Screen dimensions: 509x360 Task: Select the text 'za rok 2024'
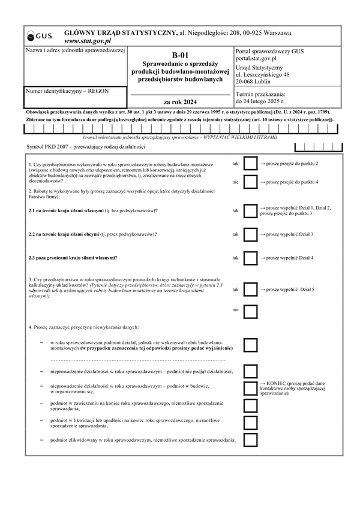point(180,102)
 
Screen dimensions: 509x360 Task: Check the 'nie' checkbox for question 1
point(250,182)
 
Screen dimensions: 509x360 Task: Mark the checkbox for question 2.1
point(250,210)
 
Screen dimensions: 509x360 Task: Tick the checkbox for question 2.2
point(250,234)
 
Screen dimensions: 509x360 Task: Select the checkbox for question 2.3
point(250,258)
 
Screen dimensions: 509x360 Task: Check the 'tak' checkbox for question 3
point(250,290)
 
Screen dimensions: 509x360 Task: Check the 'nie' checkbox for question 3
point(250,311)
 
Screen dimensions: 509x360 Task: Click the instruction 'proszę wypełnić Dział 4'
point(289,258)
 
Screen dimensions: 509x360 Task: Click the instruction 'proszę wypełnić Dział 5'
point(290,290)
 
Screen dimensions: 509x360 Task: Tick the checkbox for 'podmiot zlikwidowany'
point(250,441)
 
